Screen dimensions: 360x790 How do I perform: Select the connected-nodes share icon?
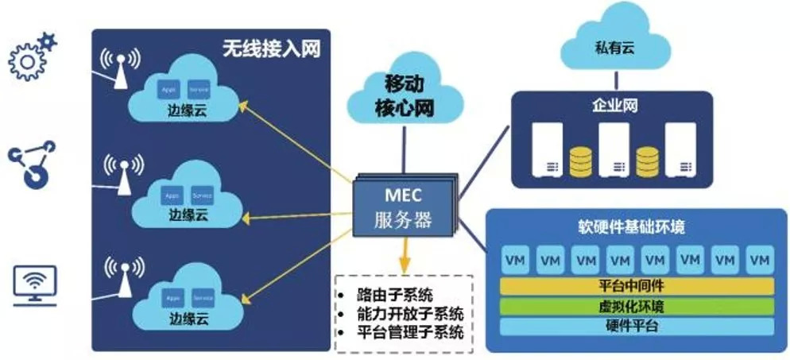[33, 164]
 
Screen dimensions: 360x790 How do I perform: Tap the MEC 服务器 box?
[404, 206]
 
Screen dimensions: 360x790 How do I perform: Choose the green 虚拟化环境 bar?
[637, 307]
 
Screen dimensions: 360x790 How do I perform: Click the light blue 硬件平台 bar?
[637, 326]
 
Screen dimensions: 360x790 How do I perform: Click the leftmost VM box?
[515, 260]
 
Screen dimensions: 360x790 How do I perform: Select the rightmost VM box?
[760, 260]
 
